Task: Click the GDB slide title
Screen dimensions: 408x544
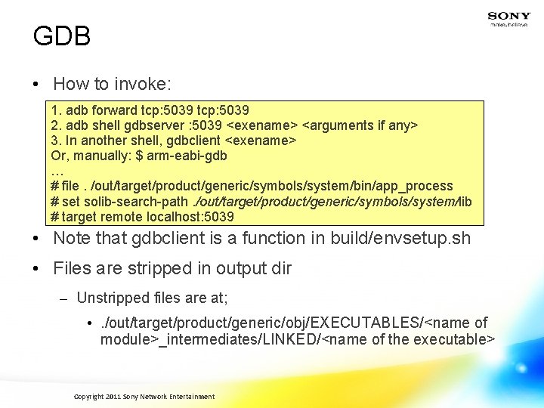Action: (x=62, y=36)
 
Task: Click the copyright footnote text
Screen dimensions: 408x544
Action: (x=144, y=397)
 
